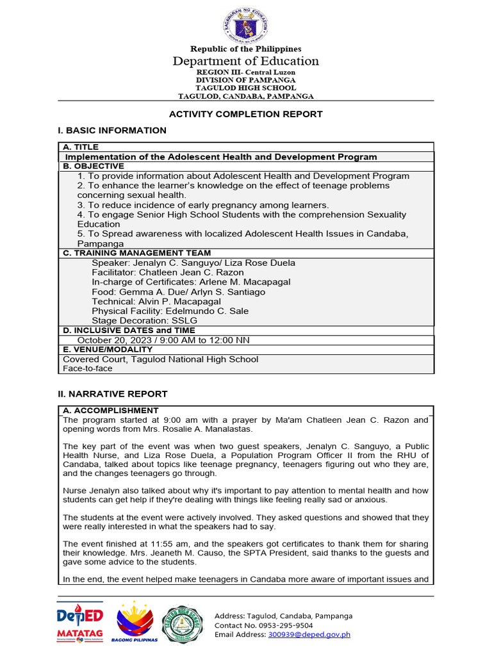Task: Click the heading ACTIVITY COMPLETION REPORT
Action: pyautogui.click(x=245, y=114)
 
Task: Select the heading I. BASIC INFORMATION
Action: pyautogui.click(x=112, y=131)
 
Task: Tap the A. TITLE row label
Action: pyautogui.click(x=81, y=147)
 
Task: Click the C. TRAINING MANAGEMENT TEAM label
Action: pyautogui.click(x=136, y=253)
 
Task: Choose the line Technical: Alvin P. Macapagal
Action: pyautogui.click(x=156, y=301)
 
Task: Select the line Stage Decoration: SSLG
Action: pyautogui.click(x=144, y=320)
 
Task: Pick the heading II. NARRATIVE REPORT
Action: pyautogui.click(x=113, y=394)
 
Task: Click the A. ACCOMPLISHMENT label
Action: pyautogui.click(x=110, y=411)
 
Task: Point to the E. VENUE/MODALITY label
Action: pyautogui.click(x=108, y=350)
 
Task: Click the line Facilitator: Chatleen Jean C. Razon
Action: pyautogui.click(x=167, y=272)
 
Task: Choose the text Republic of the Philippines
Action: pyautogui.click(x=246, y=49)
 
